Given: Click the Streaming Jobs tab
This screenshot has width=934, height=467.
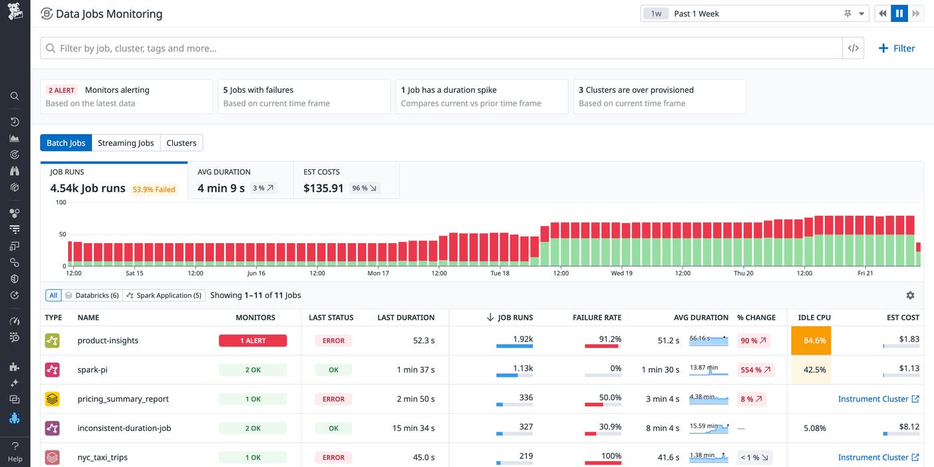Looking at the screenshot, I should pyautogui.click(x=125, y=143).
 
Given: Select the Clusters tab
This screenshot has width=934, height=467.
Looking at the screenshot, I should pyautogui.click(x=181, y=143).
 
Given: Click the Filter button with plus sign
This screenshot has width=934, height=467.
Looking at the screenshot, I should pyautogui.click(x=897, y=48).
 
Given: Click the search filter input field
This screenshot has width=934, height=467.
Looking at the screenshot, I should pyautogui.click(x=440, y=48).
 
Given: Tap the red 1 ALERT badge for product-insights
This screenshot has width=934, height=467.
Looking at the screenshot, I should pyautogui.click(x=253, y=341).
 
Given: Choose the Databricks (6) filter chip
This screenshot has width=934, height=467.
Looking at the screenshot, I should pyautogui.click(x=92, y=295).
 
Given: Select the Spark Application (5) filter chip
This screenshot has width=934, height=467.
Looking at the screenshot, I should pyautogui.click(x=164, y=295).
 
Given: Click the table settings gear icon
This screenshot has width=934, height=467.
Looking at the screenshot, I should pyautogui.click(x=910, y=295).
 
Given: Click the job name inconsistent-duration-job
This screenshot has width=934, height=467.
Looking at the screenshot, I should pyautogui.click(x=124, y=428).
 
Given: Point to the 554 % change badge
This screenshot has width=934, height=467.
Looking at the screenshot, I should pyautogui.click(x=755, y=369).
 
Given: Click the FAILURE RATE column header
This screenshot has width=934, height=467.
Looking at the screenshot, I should pyautogui.click(x=596, y=317).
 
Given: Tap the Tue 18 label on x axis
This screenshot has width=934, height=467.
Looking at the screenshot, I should pyautogui.click(x=500, y=273).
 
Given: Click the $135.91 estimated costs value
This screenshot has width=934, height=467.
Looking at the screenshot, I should pyautogui.click(x=324, y=188).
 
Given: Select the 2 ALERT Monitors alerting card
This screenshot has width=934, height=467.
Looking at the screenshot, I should pyautogui.click(x=126, y=96).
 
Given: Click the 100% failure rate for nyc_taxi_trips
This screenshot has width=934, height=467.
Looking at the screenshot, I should pyautogui.click(x=610, y=456).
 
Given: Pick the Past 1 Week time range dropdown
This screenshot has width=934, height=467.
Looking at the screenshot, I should pyautogui.click(x=753, y=13).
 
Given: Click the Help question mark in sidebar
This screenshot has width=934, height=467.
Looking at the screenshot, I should pyautogui.click(x=15, y=452).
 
